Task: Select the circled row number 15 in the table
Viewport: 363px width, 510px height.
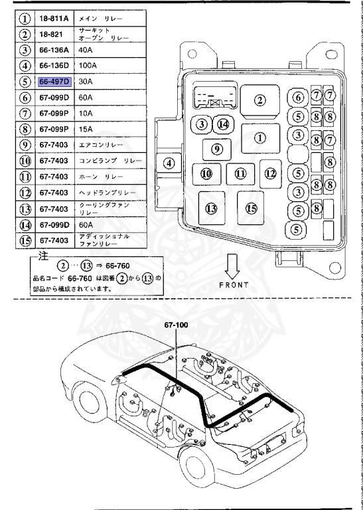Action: [25, 240]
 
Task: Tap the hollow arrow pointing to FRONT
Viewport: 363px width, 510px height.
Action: [232, 266]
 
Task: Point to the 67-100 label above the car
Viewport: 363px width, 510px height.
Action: [177, 325]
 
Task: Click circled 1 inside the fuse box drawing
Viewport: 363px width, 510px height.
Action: [259, 138]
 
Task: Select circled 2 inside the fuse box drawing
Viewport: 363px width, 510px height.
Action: [259, 100]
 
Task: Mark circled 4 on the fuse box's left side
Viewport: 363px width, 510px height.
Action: [169, 163]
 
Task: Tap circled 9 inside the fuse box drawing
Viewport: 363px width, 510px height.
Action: [216, 149]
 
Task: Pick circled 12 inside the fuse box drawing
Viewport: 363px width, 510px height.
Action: [269, 173]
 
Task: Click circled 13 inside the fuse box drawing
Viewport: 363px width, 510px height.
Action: [211, 209]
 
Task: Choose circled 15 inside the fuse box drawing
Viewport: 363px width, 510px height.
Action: [251, 209]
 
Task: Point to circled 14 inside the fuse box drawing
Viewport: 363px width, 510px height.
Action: [223, 124]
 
